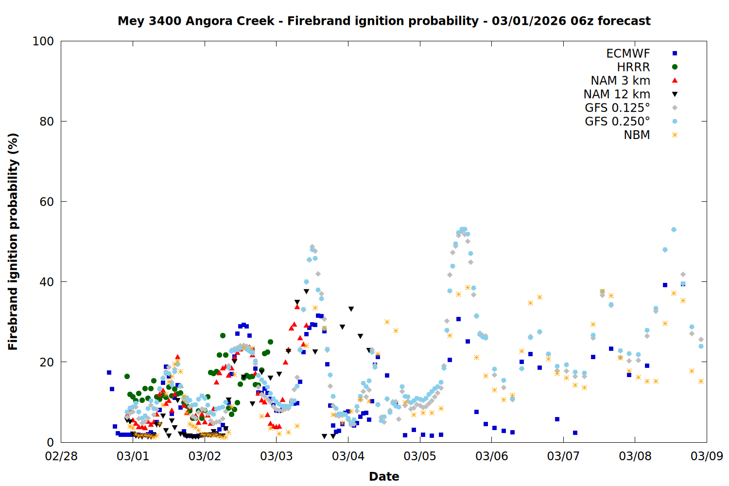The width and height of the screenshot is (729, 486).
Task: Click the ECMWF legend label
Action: click(628, 53)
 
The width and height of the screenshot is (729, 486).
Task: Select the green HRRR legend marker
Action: click(675, 67)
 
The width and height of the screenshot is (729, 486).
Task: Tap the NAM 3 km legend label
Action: click(620, 81)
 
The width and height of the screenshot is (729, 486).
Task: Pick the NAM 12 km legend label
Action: click(617, 94)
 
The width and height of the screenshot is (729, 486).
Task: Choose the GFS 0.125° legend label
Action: click(617, 108)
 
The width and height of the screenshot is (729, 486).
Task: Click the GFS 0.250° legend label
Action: click(617, 121)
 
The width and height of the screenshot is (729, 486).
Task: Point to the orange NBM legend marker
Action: click(675, 135)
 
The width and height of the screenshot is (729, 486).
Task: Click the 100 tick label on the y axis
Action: click(43, 41)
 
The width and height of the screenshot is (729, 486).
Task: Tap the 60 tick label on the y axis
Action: click(47, 202)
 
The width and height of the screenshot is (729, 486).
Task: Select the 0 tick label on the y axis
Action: click(50, 442)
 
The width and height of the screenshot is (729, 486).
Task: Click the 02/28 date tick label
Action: click(61, 456)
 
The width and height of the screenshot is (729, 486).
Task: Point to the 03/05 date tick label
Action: click(420, 456)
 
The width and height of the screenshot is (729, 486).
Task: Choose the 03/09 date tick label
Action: click(707, 456)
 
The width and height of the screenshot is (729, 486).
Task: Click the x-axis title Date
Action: click(384, 476)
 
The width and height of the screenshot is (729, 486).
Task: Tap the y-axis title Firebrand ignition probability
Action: click(13, 242)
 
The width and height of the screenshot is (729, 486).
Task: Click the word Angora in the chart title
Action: click(208, 21)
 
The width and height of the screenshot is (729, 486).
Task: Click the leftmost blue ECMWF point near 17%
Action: click(109, 373)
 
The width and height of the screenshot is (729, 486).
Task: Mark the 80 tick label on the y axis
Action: click(47, 121)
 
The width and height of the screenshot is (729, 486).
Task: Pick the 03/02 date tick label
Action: click(205, 456)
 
